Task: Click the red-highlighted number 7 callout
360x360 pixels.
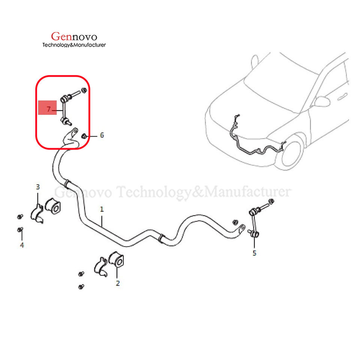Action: point(48,109)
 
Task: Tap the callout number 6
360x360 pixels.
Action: point(102,135)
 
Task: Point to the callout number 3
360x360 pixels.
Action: point(37,186)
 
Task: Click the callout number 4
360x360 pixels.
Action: point(22,245)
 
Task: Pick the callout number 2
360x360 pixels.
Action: point(118,283)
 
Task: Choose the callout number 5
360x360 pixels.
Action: point(254,253)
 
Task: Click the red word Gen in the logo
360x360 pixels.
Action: point(60,36)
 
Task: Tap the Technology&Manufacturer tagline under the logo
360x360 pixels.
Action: point(74,45)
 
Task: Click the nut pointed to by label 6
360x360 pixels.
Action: point(85,135)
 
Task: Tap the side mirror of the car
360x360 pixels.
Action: point(321,101)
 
